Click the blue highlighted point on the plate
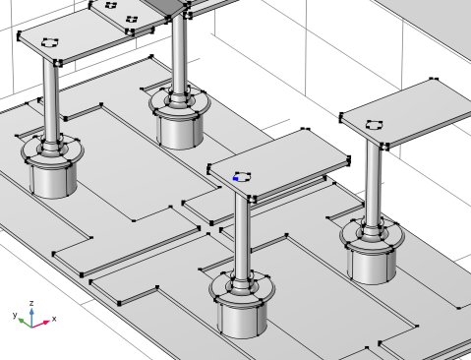tap(235, 179)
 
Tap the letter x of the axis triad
tap(54, 319)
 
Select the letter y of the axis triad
tap(15, 315)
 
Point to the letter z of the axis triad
tap(31, 303)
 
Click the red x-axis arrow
tap(40, 324)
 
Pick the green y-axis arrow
tap(25, 323)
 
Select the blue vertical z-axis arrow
tap(31, 317)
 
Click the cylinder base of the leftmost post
tap(53, 180)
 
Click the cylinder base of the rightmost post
tap(372, 266)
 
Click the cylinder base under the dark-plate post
tap(180, 131)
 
